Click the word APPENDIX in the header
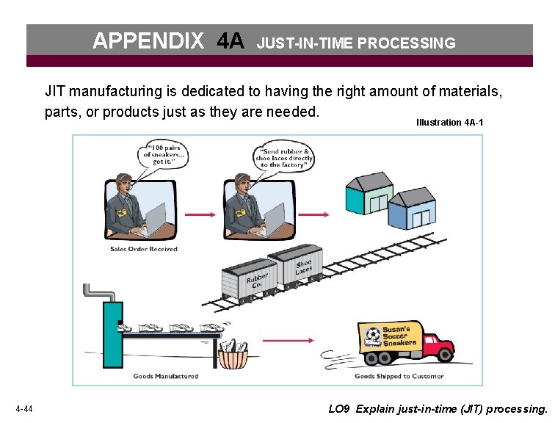click(148, 42)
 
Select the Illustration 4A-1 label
click(449, 123)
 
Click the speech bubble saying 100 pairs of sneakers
click(164, 154)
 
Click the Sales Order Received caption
click(144, 249)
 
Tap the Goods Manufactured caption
click(165, 376)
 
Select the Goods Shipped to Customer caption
click(399, 376)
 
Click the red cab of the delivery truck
click(438, 344)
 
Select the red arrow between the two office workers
click(199, 214)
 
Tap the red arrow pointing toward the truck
click(288, 341)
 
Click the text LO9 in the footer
click(339, 408)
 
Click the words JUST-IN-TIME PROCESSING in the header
click(356, 43)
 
